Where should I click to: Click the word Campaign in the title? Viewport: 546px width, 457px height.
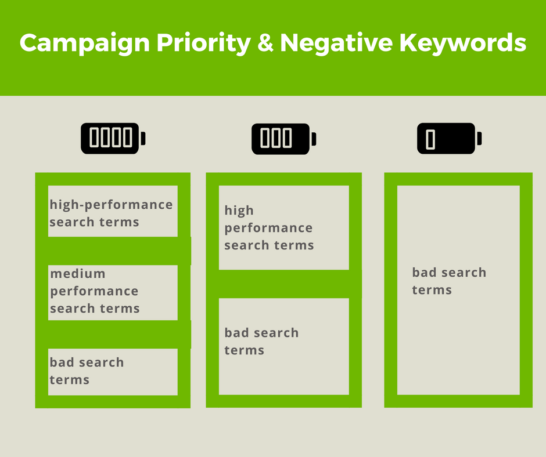tap(85, 43)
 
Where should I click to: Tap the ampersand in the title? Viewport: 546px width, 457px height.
tap(265, 42)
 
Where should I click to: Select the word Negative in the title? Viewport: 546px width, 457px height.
tap(336, 42)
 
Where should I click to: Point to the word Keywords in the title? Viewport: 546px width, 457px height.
tap(463, 43)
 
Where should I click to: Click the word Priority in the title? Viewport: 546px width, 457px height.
tap(204, 43)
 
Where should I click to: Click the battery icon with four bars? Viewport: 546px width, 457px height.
tap(113, 138)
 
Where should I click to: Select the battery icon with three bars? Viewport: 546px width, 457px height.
tap(284, 139)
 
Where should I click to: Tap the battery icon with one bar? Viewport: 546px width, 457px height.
tap(450, 138)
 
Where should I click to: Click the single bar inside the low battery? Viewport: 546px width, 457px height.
tap(430, 139)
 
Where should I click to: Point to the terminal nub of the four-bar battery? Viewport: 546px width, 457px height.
tap(143, 138)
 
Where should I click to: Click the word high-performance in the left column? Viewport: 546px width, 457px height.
tap(111, 205)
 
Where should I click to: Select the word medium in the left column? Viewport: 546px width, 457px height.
tap(78, 274)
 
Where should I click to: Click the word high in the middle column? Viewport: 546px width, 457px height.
tap(239, 211)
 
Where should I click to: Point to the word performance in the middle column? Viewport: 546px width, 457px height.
tap(268, 228)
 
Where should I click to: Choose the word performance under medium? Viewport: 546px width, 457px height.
tap(94, 292)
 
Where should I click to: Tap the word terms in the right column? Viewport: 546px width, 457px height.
tap(432, 290)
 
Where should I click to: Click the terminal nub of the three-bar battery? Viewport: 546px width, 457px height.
tap(314, 139)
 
